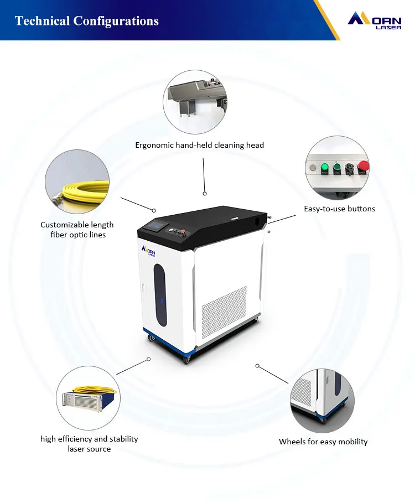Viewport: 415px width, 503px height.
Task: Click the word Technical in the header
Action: pyautogui.click(x=41, y=21)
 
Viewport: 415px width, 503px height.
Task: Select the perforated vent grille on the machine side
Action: pyautogui.click(x=224, y=312)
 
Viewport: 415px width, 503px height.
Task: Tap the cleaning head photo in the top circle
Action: pyautogui.click(x=195, y=101)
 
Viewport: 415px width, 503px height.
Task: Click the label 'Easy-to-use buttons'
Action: pyautogui.click(x=339, y=209)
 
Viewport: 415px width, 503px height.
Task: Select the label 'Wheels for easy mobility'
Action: pyautogui.click(x=323, y=442)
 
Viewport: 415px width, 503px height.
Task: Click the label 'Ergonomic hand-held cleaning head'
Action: pyautogui.click(x=199, y=145)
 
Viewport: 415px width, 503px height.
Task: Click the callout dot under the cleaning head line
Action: pyautogui.click(x=204, y=194)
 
